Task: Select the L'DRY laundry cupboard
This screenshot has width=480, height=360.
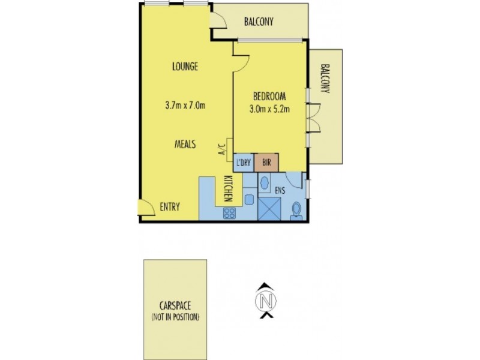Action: [x=243, y=163]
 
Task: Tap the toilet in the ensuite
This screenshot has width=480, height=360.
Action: [x=296, y=209]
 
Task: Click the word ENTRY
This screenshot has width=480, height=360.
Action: [x=170, y=208]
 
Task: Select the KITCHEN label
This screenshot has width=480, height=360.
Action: [x=228, y=187]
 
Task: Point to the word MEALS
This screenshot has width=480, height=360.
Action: [x=185, y=144]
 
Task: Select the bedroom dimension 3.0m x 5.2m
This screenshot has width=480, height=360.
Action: [x=269, y=109]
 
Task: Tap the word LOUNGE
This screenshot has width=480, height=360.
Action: [x=185, y=67]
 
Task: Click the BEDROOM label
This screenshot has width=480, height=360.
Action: [x=269, y=97]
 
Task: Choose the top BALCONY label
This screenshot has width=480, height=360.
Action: [x=259, y=22]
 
